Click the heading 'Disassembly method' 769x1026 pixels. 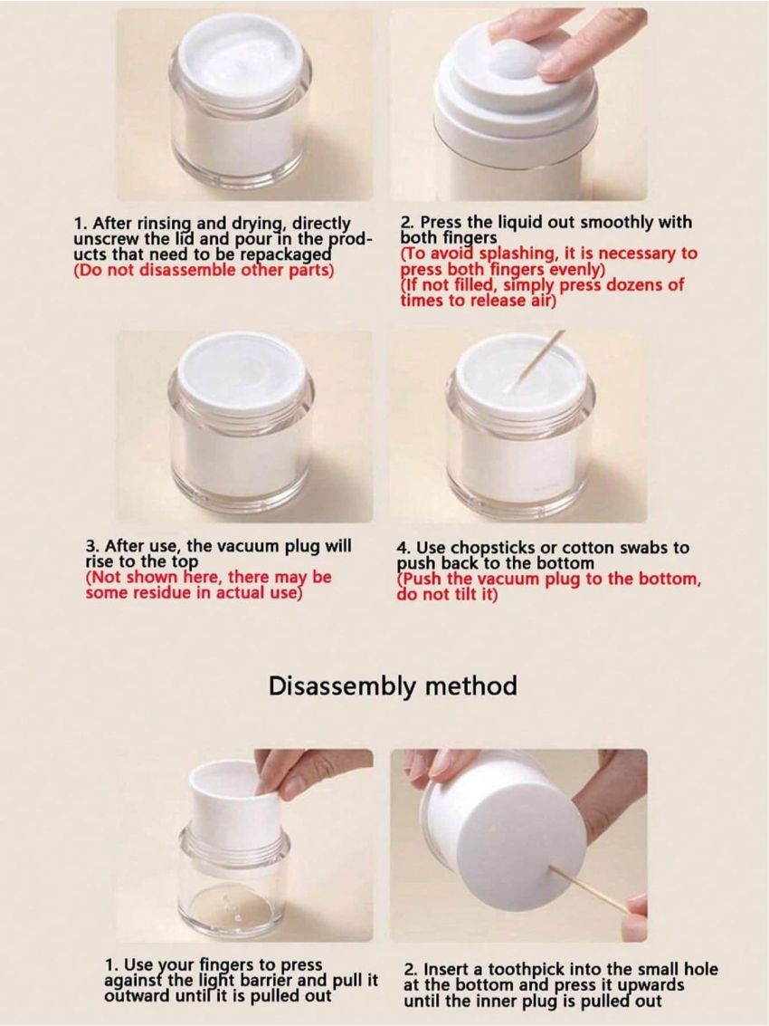[x=393, y=686]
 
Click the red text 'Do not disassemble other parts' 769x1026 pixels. [x=204, y=270]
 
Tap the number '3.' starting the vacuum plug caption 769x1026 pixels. [x=92, y=547]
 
